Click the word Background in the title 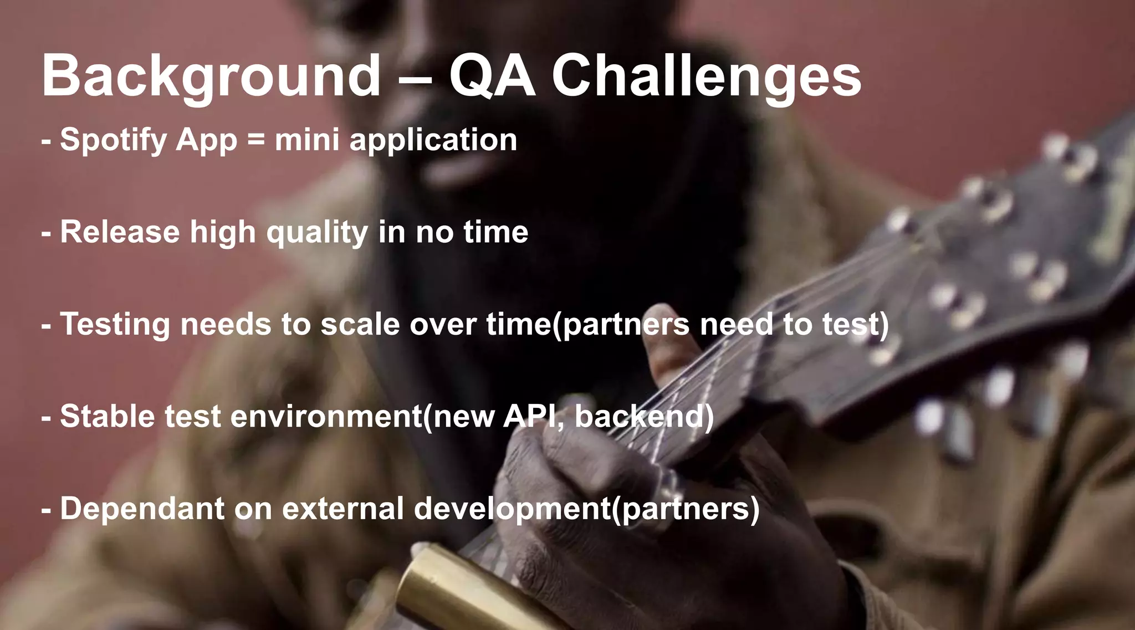(211, 76)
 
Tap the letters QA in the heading (492, 76)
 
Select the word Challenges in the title (707, 76)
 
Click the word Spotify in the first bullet (113, 140)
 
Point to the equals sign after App (256, 140)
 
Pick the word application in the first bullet (433, 140)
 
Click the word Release (120, 232)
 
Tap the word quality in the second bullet (317, 233)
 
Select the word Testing (115, 324)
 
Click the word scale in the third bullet (360, 324)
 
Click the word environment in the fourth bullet (326, 416)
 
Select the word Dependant (142, 508)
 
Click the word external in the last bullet (343, 508)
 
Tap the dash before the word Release (47, 234)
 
